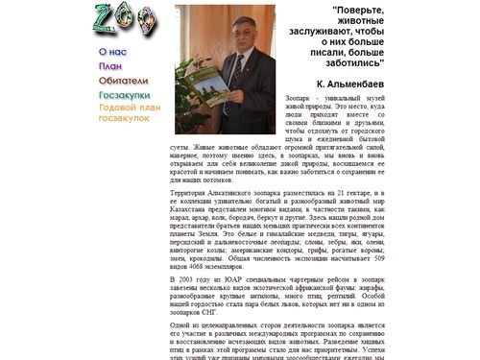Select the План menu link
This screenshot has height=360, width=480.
(110, 66)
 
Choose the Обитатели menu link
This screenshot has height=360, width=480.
(123, 81)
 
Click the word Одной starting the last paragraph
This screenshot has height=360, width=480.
(180, 326)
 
